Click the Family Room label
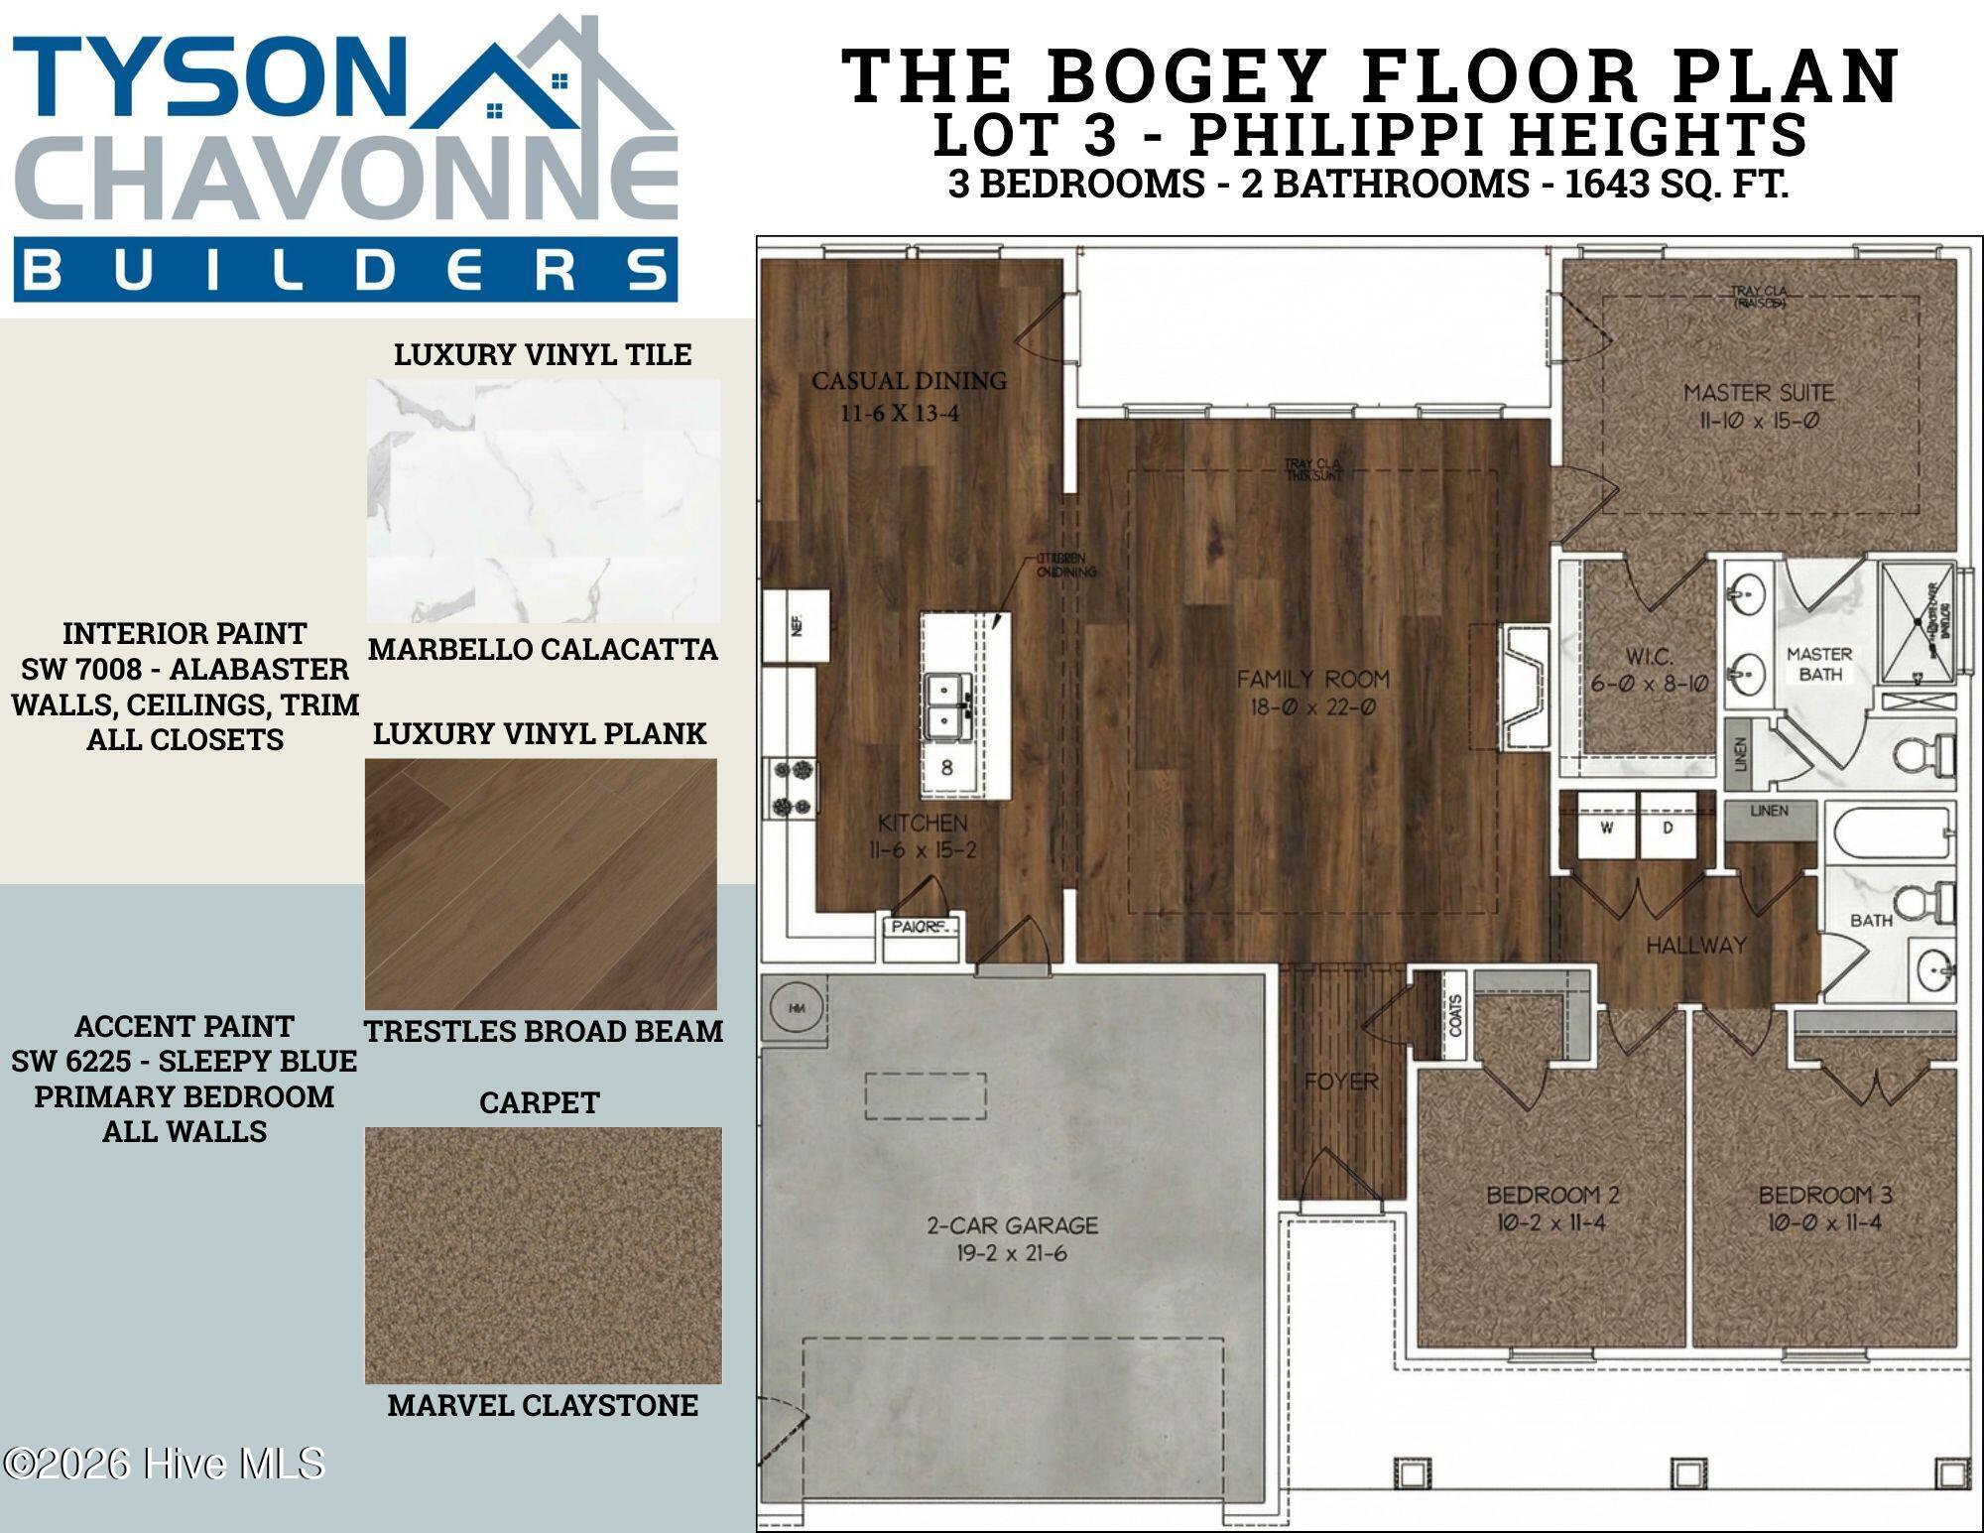pyautogui.click(x=1312, y=680)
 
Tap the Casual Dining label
pyautogui.click(x=909, y=381)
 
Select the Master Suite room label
pyautogui.click(x=1758, y=393)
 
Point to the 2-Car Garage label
pyautogui.click(x=1012, y=1225)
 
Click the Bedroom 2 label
pyautogui.click(x=1551, y=1195)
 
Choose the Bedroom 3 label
pyautogui.click(x=1824, y=1195)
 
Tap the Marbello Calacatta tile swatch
pyautogui.click(x=544, y=501)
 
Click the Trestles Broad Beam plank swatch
pyautogui.click(x=542, y=884)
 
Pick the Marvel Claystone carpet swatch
pyautogui.click(x=544, y=1255)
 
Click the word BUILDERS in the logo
pyautogui.click(x=345, y=270)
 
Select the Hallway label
pyautogui.click(x=1695, y=946)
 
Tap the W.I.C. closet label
pyautogui.click(x=1650, y=657)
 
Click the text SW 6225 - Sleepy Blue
pyautogui.click(x=185, y=1061)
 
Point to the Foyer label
pyautogui.click(x=1341, y=1081)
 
